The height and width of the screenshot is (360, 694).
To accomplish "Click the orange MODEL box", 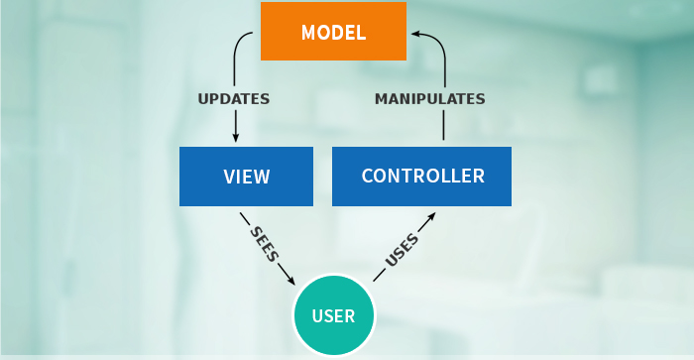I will point(333,31).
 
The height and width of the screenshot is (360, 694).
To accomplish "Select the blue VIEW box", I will point(246,177).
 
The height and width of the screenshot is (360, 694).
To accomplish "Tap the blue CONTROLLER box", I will point(421,177).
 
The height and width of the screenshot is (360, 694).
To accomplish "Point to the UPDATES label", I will point(234,99).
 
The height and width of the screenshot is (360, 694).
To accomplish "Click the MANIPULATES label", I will point(429,99).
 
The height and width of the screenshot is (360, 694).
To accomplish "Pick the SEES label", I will point(267,242).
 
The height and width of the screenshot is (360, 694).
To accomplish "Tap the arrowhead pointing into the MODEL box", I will point(416,33).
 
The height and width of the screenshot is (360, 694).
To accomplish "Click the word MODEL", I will point(333,31).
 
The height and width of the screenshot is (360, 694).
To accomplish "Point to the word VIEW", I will point(246,178).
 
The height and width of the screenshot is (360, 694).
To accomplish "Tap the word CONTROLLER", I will point(422,177).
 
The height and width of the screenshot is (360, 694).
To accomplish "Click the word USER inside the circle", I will point(333,317).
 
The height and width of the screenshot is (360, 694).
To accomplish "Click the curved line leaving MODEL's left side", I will point(241,45).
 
